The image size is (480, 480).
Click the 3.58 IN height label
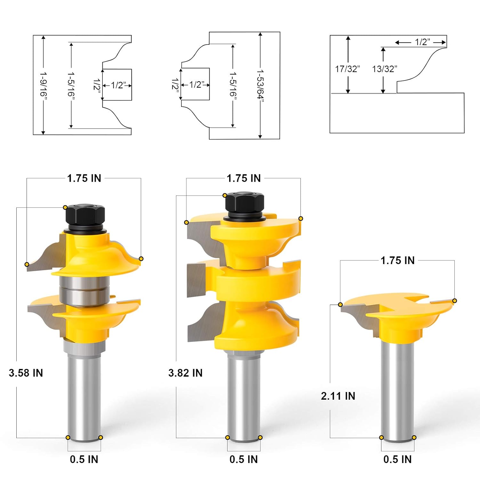point(26,373)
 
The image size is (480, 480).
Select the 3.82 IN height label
point(185,373)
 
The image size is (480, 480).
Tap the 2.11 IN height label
point(338,396)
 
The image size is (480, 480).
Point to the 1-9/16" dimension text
point(43,84)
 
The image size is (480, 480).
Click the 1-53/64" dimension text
point(260,84)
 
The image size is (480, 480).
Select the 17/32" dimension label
point(347,69)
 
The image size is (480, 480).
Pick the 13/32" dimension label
point(384,69)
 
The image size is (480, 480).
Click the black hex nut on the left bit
point(85,214)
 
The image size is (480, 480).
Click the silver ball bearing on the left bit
point(84,290)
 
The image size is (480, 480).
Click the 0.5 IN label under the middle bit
point(244,459)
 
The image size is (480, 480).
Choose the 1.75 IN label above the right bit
point(397,260)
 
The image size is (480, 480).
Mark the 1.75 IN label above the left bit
point(84,178)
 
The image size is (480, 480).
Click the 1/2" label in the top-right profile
point(422,42)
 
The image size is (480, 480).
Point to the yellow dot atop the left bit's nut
point(65,207)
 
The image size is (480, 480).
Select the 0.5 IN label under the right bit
point(397,459)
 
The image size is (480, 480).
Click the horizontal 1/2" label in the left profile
point(117,85)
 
